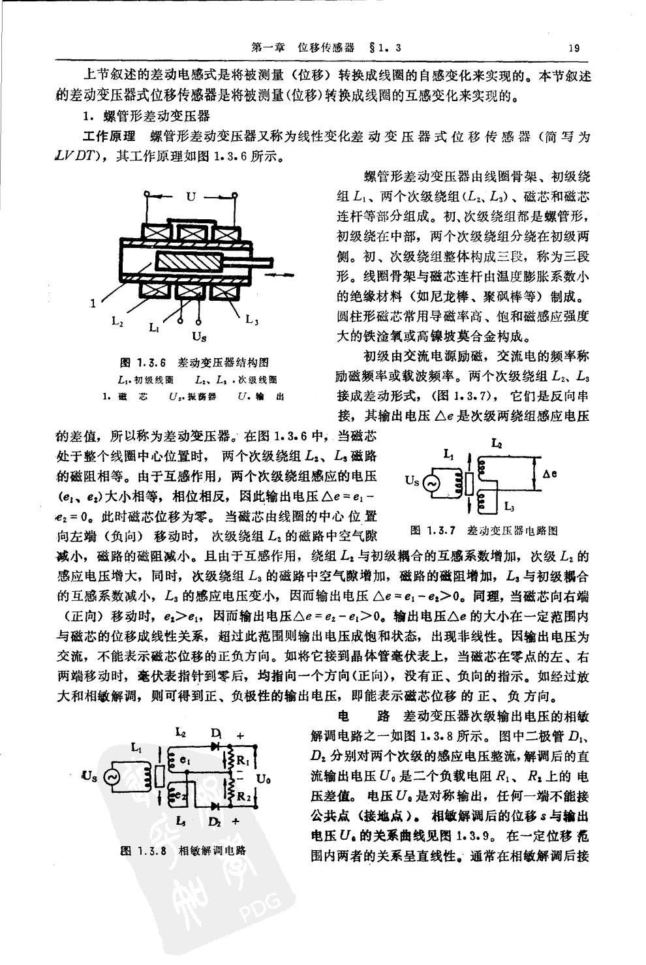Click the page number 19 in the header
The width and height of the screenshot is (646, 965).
(x=574, y=47)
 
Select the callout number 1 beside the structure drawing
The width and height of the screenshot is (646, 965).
(x=93, y=302)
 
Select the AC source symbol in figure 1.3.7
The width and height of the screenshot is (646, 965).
(x=431, y=482)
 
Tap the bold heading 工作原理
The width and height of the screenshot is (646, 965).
(x=110, y=136)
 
